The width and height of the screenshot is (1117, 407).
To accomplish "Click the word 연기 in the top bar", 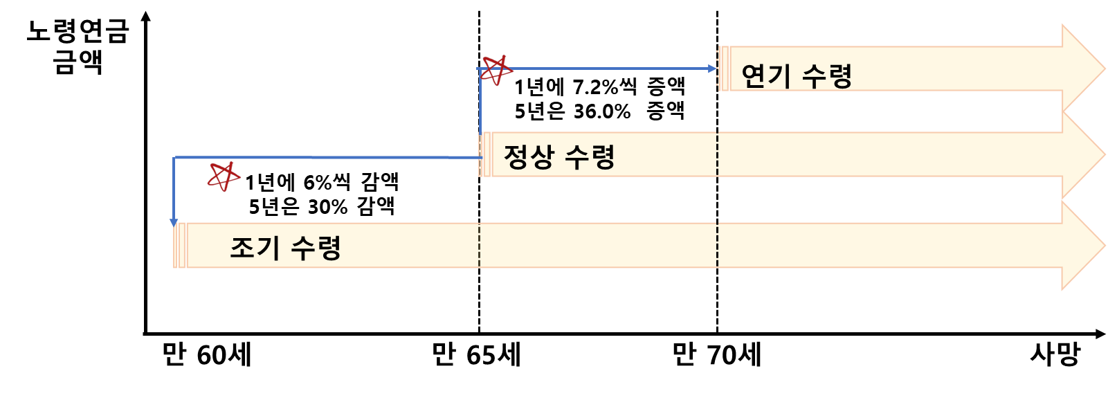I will (x=765, y=75).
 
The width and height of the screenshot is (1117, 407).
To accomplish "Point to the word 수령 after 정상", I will (x=590, y=156).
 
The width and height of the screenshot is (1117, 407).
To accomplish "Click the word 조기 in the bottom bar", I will (x=255, y=247).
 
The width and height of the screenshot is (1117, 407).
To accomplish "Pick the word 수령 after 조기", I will (x=316, y=247).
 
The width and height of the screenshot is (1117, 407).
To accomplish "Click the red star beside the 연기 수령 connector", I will (x=496, y=70).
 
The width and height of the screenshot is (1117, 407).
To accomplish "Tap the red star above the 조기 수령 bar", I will (x=224, y=177).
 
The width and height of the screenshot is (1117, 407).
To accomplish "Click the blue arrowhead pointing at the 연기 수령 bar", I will (x=713, y=69).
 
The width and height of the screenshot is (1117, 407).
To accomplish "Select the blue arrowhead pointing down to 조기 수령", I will (x=174, y=222).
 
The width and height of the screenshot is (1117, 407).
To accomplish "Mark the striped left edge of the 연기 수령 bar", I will (x=723, y=69).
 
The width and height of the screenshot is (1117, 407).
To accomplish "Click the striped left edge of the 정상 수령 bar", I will (x=484, y=154).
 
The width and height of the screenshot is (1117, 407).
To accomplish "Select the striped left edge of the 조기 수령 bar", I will (x=179, y=245).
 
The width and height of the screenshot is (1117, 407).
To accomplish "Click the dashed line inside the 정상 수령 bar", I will (x=718, y=154).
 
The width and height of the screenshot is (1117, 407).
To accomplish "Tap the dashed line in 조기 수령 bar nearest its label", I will (x=479, y=245).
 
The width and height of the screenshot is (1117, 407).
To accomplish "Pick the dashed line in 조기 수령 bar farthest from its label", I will (x=718, y=245).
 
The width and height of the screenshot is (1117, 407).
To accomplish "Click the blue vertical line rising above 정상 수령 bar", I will (x=480, y=100).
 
